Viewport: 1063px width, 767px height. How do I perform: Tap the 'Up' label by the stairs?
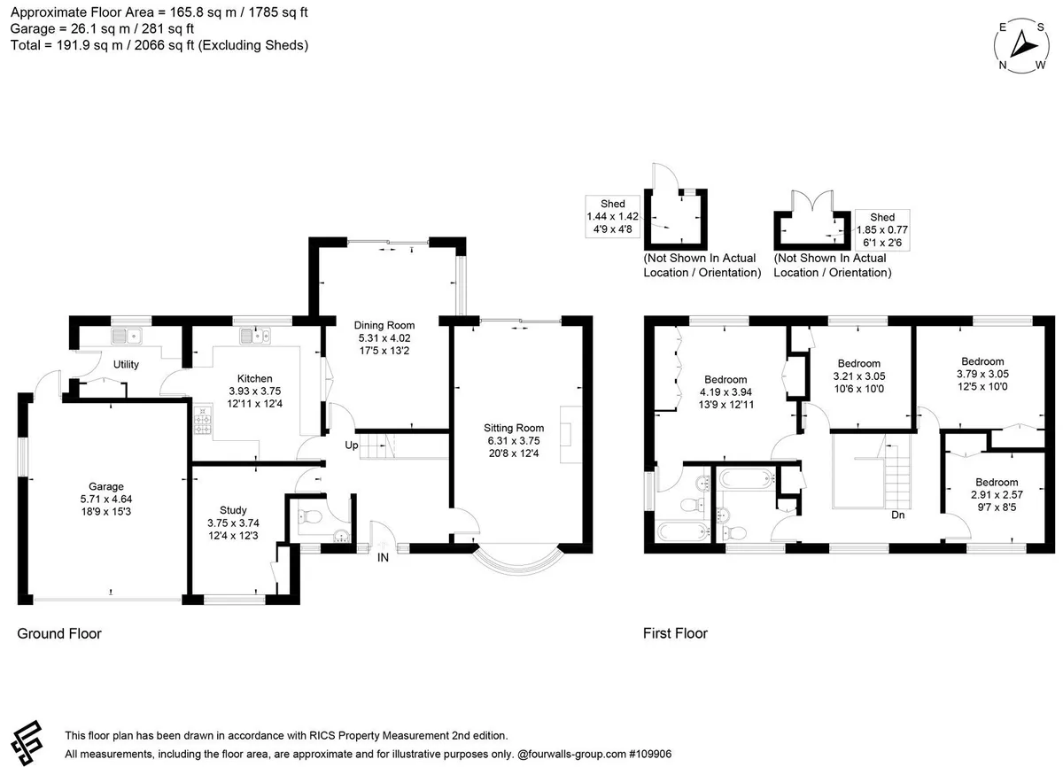[351, 445]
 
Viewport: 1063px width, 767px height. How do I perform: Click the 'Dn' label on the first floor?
[898, 515]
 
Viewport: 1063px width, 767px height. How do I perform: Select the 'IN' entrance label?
[383, 557]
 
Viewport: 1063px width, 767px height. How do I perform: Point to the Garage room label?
[106, 486]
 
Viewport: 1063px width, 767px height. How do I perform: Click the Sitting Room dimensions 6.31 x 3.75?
[514, 441]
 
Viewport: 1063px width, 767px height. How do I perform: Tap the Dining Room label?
[384, 325]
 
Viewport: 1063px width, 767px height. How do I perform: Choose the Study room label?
[233, 510]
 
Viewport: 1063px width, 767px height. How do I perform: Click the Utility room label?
[126, 364]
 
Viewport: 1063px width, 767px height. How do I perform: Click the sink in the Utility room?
[126, 336]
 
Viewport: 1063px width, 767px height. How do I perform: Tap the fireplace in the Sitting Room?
[570, 434]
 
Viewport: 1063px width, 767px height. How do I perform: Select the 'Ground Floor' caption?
[59, 634]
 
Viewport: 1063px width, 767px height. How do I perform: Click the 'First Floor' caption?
[675, 633]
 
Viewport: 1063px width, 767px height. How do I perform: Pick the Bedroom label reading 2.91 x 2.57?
[997, 495]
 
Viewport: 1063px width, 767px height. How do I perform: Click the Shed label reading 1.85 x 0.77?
[882, 230]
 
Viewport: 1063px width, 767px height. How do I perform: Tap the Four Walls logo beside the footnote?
[27, 743]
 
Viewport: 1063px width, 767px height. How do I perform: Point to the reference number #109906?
[650, 754]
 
